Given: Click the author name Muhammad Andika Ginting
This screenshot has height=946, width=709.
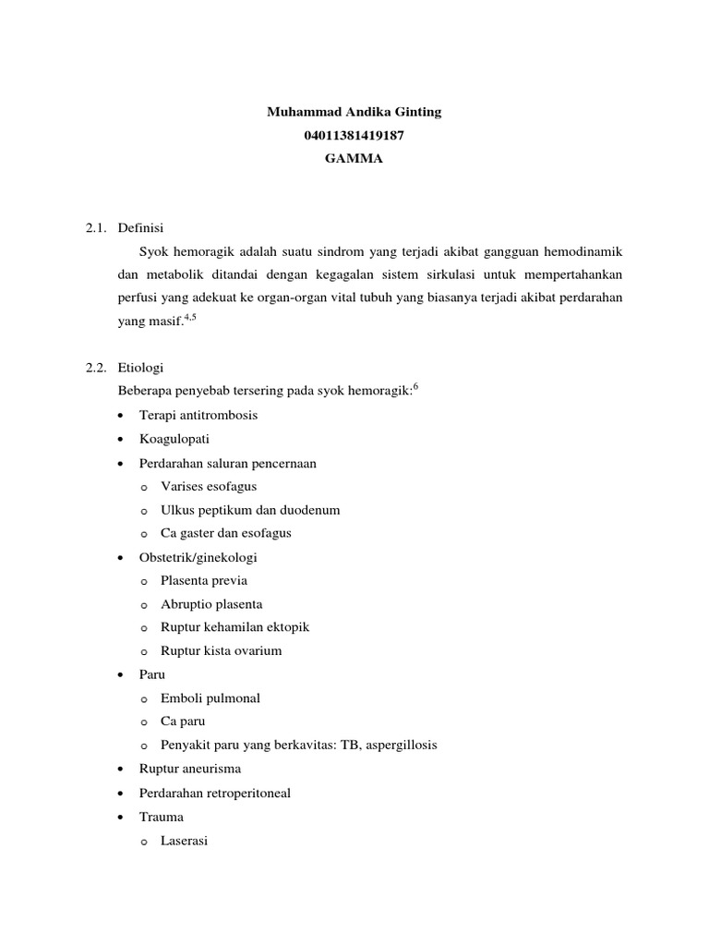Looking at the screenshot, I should pyautogui.click(x=354, y=112).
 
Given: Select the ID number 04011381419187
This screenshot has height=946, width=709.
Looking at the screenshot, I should pyautogui.click(x=354, y=135).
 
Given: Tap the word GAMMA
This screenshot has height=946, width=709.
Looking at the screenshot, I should pyautogui.click(x=354, y=158).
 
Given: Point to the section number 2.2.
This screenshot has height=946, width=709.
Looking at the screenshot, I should pyautogui.click(x=95, y=368).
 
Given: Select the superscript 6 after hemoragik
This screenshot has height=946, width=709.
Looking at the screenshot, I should pyautogui.click(x=415, y=386).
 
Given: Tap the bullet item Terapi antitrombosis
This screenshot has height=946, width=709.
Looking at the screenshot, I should pyautogui.click(x=198, y=415).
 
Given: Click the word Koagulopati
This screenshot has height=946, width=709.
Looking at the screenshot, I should pyautogui.click(x=174, y=439).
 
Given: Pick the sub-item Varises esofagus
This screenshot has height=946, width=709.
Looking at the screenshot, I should pyautogui.click(x=209, y=486).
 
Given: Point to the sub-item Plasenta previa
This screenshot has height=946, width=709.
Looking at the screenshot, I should pyautogui.click(x=204, y=580).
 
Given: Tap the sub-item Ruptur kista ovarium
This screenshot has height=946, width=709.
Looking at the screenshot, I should pyautogui.click(x=222, y=650).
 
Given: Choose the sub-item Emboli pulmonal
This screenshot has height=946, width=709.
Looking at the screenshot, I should pyautogui.click(x=210, y=697).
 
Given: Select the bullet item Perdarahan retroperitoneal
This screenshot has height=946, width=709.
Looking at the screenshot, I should pyautogui.click(x=214, y=793).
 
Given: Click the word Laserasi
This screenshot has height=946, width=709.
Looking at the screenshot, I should pyautogui.click(x=185, y=841).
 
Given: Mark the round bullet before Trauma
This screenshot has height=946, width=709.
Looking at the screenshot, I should pyautogui.click(x=122, y=818).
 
